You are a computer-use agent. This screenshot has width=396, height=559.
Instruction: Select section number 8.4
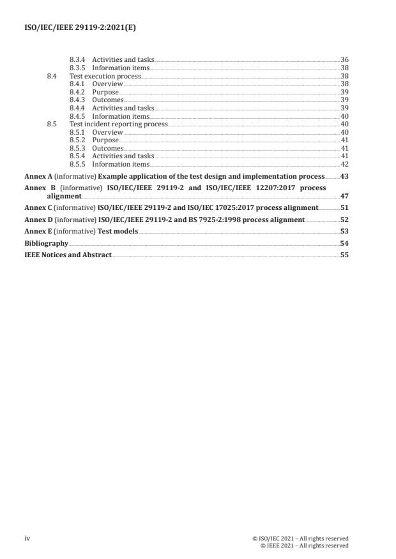pos(52,76)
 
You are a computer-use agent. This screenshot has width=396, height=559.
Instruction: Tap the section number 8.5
pos(52,124)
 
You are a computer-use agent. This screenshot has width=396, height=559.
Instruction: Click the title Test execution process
pos(105,76)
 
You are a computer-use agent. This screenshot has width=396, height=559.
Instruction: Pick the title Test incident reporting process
pos(118,124)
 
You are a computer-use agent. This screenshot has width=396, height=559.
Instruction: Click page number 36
pos(344,60)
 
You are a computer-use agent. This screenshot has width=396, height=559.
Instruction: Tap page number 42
pos(344,164)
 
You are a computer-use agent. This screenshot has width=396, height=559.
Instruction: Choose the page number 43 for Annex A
pos(344,176)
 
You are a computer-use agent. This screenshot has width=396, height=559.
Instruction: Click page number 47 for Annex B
pos(344,197)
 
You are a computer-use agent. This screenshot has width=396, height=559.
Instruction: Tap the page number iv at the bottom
pos(27,538)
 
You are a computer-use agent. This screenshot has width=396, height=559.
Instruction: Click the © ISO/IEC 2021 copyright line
pos(300,538)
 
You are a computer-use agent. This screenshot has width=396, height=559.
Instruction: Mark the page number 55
pos(344,255)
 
